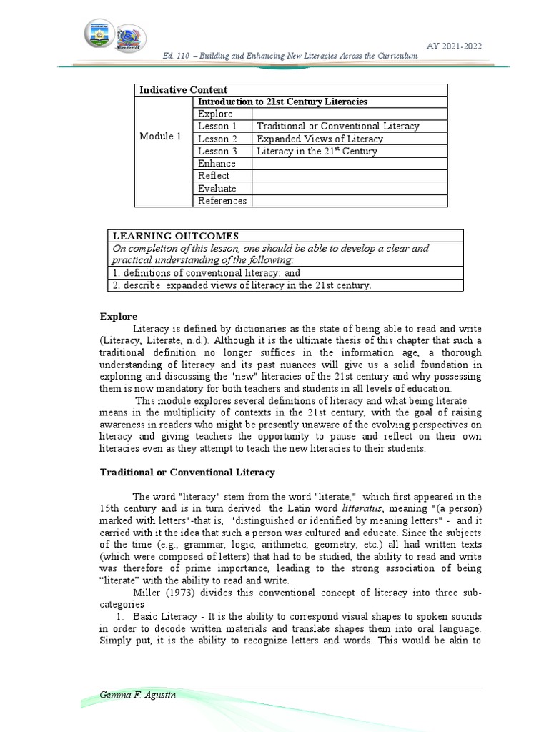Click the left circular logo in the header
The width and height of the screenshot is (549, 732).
click(99, 34)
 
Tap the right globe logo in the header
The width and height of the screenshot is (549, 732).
click(132, 37)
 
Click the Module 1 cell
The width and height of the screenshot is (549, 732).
click(160, 137)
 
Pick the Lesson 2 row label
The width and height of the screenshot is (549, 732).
click(217, 139)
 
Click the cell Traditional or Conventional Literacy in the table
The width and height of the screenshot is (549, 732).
click(337, 127)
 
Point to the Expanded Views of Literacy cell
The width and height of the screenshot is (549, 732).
click(320, 139)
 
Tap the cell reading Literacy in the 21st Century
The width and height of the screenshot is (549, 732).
click(317, 152)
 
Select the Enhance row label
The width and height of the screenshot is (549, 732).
click(217, 164)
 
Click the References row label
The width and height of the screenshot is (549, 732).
click(222, 201)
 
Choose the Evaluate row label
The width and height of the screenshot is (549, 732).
click(217, 189)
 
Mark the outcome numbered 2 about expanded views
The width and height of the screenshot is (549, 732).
click(242, 285)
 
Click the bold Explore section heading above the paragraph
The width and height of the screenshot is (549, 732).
click(118, 317)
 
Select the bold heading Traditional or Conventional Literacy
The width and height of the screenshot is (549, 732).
click(187, 473)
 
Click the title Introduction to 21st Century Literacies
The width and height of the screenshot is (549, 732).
click(282, 102)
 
